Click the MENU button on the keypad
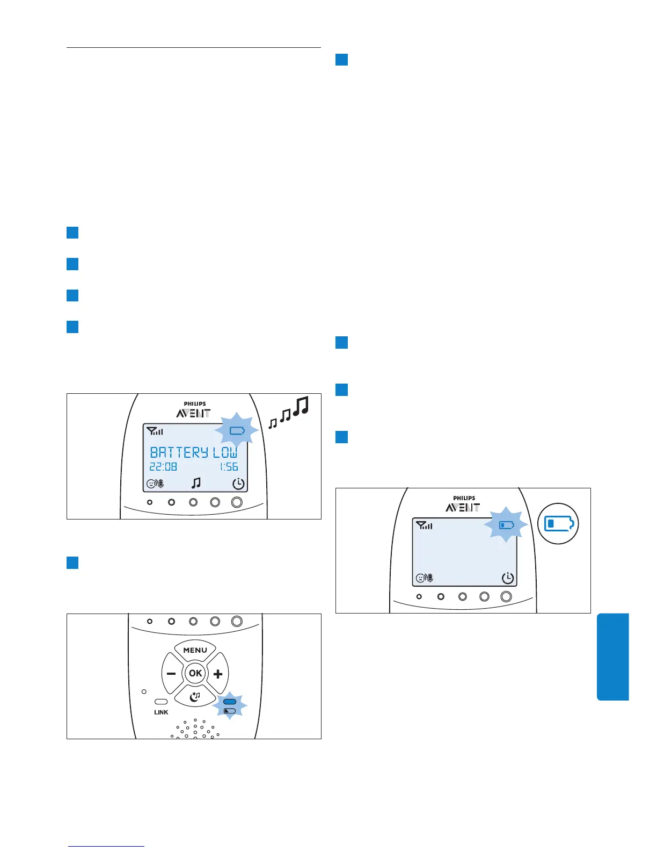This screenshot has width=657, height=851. (195, 650)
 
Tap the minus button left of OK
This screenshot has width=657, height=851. (171, 674)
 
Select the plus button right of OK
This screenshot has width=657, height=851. (218, 674)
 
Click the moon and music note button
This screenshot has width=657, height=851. (195, 696)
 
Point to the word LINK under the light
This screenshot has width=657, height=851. (161, 712)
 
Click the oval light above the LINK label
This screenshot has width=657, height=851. (161, 702)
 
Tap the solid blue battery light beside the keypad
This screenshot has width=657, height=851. (230, 702)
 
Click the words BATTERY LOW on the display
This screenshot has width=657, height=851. (193, 452)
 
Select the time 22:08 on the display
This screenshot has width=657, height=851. (163, 467)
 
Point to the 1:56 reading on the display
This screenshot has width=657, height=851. (229, 467)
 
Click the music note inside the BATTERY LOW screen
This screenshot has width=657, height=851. (196, 484)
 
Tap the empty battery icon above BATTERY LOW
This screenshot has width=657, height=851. (237, 430)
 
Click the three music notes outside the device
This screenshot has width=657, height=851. (289, 413)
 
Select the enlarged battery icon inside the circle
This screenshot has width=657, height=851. (558, 523)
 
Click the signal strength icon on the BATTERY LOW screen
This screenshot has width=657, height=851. (155, 431)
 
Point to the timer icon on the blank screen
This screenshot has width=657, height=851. (507, 578)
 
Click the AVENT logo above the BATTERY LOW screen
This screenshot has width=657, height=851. (193, 413)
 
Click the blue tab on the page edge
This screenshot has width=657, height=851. (612, 657)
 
